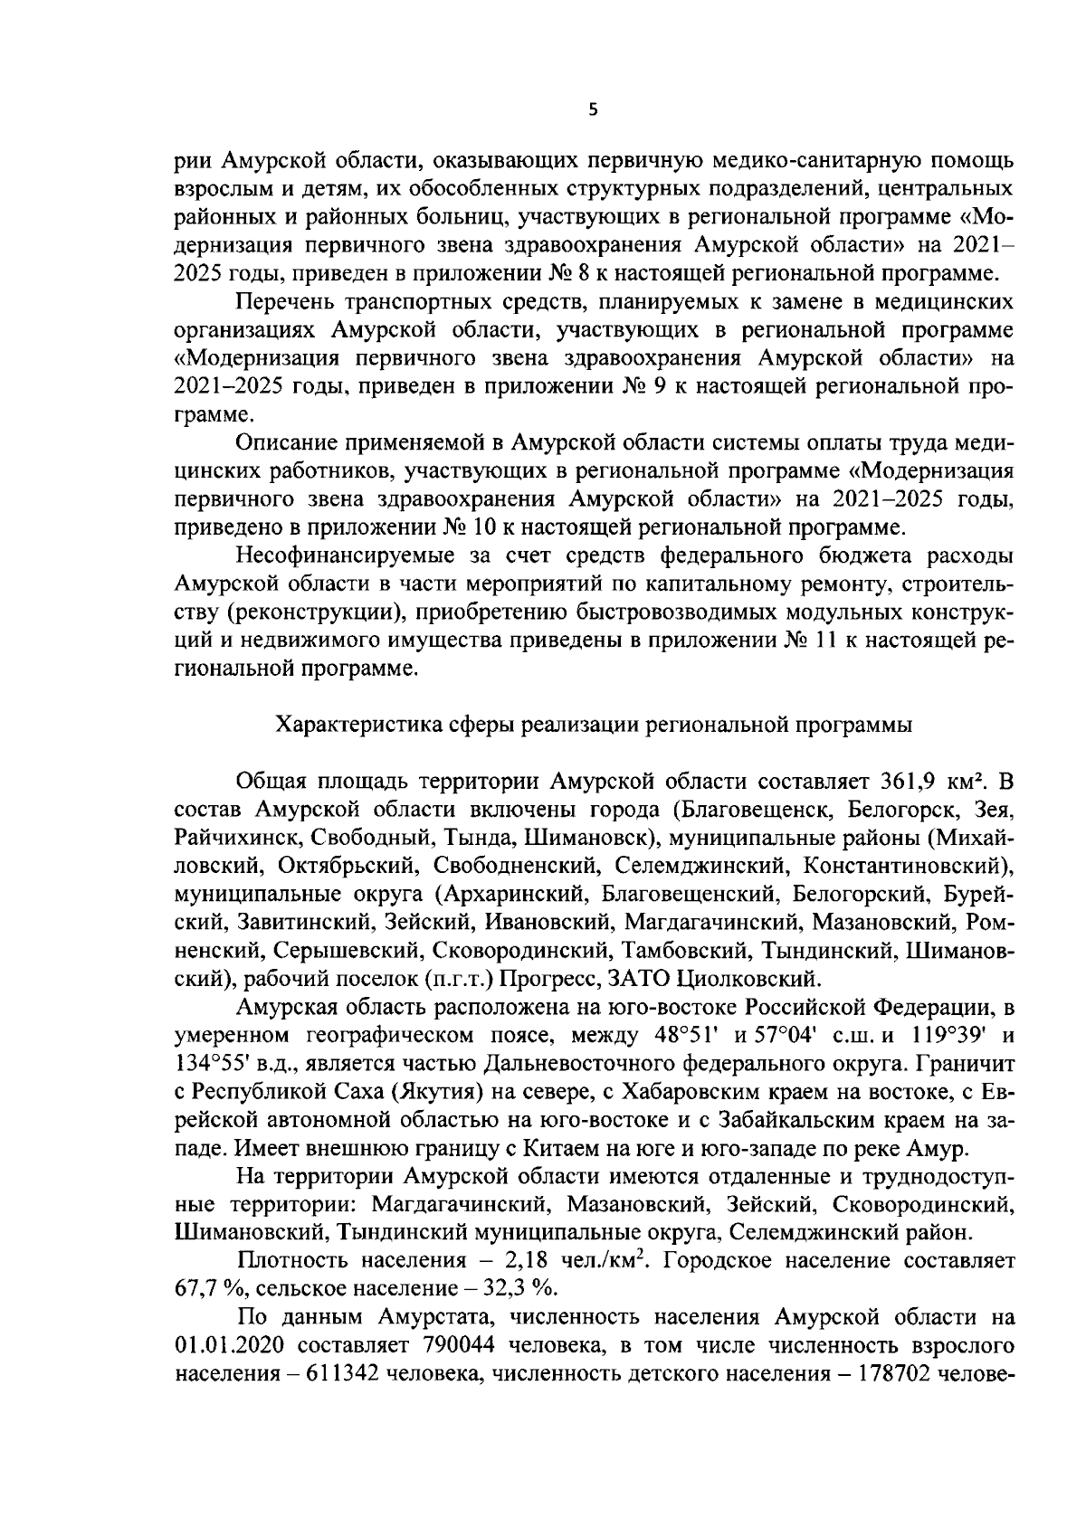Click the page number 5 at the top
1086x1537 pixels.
593,110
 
